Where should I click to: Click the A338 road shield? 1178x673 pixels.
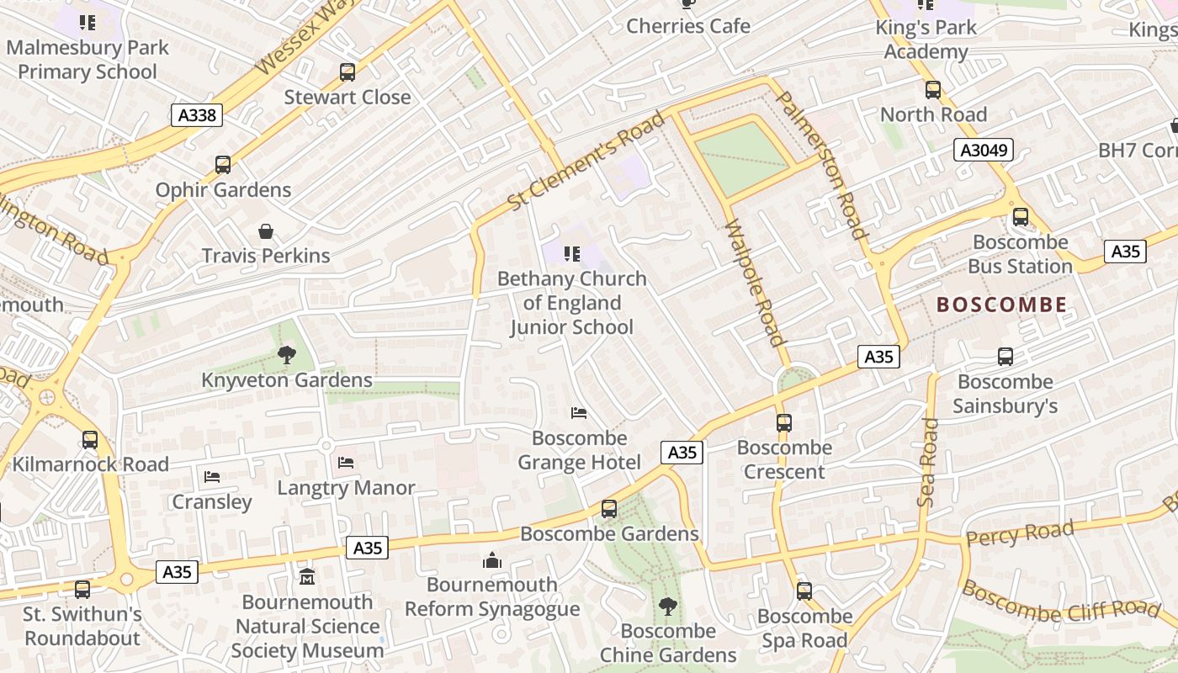198,115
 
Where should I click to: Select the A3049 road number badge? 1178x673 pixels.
983,151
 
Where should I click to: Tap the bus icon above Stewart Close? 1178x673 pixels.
348,72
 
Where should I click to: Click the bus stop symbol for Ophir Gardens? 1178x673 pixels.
223,165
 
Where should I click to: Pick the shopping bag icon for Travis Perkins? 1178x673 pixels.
266,231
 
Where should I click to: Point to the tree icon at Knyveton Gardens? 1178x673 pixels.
287,355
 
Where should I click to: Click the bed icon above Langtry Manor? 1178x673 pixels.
346,463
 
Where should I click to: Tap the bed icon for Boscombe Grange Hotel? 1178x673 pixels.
579,413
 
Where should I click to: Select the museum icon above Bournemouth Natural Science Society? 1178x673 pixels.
307,577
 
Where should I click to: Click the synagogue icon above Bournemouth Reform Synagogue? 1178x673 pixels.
492,560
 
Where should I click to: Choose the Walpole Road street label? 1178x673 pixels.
754,283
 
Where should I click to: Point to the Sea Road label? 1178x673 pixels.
927,462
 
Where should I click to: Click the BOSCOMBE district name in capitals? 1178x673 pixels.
1001,305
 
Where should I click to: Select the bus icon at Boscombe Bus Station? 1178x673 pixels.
1021,217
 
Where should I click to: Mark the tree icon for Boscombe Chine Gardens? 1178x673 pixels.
668,606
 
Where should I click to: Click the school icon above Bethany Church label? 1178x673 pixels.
572,253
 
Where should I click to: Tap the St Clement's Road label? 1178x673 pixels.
586,162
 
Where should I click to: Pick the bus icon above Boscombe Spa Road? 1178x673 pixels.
804,591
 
